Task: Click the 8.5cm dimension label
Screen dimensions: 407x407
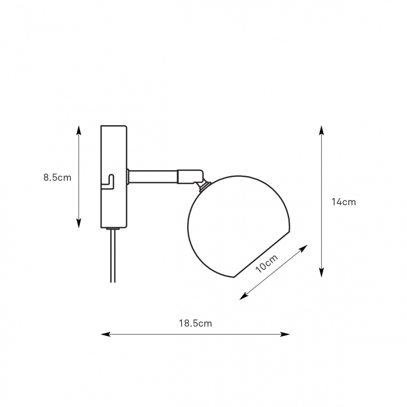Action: coord(57,178)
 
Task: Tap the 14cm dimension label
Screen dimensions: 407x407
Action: coord(344,202)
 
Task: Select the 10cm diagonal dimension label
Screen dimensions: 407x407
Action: coord(267,263)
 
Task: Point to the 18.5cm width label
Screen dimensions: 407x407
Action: coord(196,323)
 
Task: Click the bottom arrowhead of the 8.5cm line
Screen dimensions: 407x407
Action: coord(79,224)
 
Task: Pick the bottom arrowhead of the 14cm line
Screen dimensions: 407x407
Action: coord(322,273)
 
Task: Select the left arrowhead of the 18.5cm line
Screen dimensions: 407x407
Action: coord(105,334)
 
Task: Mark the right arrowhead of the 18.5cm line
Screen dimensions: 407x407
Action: coord(285,334)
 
